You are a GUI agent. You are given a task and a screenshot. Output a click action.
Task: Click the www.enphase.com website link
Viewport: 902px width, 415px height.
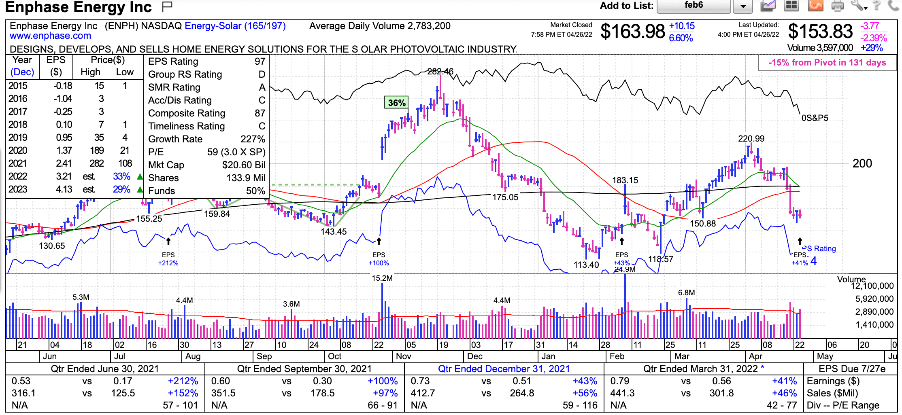pos(50,36)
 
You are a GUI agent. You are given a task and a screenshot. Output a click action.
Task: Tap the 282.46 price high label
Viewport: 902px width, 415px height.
pos(440,72)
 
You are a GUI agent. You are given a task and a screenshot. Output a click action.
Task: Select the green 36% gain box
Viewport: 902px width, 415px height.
pos(396,103)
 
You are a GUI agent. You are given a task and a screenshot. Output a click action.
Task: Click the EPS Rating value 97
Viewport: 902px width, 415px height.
pos(260,61)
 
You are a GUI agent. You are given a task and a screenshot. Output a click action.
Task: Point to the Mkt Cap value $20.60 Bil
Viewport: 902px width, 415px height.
pos(244,165)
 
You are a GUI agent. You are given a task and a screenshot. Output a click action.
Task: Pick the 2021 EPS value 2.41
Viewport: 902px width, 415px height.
pos(64,163)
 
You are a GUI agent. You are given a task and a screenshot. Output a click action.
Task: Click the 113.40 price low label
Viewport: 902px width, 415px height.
pos(586,265)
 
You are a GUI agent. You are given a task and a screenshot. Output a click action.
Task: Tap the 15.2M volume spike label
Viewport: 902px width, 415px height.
pos(382,278)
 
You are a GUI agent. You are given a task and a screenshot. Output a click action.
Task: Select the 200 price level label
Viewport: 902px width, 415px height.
pos(862,163)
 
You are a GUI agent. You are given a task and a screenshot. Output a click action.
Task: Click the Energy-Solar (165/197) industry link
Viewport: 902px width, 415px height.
pos(235,26)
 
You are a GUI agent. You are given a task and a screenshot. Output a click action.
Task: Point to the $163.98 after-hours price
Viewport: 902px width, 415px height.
pos(632,32)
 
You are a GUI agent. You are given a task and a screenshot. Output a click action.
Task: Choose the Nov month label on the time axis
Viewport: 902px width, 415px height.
pos(403,356)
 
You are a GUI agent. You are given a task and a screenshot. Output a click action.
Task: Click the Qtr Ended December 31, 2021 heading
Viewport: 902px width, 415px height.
pos(504,369)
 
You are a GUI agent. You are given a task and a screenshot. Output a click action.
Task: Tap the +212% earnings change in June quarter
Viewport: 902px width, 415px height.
pos(183,381)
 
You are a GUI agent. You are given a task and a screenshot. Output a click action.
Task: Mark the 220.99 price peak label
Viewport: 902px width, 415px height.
pos(751,139)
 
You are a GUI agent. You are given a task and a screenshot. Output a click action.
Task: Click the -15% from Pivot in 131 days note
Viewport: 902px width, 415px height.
pos(827,63)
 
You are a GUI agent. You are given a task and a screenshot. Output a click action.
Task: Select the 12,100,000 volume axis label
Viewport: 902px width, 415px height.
pos(872,286)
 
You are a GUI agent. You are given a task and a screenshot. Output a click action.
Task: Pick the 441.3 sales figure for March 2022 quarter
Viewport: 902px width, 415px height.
pos(622,393)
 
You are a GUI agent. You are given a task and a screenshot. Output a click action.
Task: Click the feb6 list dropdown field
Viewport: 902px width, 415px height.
pos(694,6)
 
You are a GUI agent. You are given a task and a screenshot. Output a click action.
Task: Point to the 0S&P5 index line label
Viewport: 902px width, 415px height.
pos(815,118)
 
